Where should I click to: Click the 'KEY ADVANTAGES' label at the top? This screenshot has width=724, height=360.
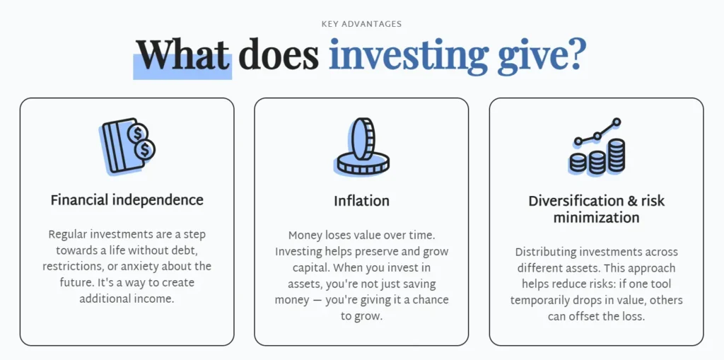(361, 24)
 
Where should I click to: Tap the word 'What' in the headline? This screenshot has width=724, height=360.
(183, 54)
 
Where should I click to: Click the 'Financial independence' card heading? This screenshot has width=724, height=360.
(127, 200)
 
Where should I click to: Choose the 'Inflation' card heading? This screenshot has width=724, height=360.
(361, 201)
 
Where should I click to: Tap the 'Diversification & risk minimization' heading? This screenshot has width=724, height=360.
(596, 209)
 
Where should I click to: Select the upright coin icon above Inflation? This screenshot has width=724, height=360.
(361, 146)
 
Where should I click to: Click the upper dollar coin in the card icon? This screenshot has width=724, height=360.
(139, 132)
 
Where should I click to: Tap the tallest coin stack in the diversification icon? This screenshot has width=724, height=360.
(617, 156)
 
